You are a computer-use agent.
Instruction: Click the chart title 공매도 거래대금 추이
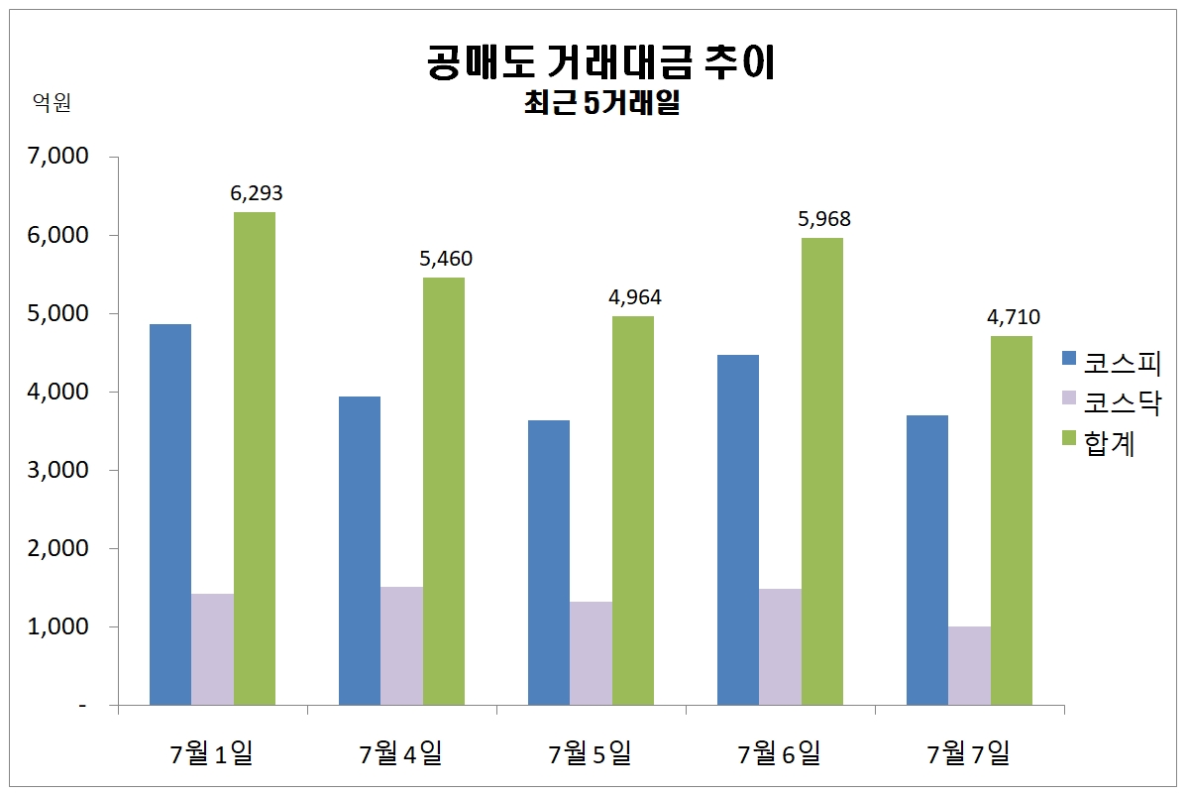click(x=600, y=61)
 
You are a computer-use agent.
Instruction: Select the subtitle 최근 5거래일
click(x=600, y=102)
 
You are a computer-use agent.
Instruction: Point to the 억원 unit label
click(x=52, y=103)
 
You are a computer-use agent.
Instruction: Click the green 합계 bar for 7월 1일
click(x=255, y=458)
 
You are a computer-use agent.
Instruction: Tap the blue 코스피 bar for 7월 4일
click(x=360, y=550)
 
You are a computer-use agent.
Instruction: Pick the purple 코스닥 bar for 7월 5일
click(x=591, y=653)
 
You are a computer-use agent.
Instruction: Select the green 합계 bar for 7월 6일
click(x=822, y=471)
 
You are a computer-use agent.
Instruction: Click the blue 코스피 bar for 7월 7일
click(x=927, y=560)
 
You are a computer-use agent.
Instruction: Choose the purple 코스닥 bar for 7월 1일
click(x=212, y=649)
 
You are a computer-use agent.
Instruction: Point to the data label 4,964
click(x=635, y=297)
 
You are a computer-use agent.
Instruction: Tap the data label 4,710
click(x=1013, y=317)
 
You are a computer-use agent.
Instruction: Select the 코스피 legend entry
click(x=1110, y=362)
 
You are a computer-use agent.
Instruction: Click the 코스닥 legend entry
click(x=1110, y=402)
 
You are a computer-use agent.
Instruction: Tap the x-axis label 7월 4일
click(x=400, y=754)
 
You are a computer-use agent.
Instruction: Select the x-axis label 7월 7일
click(x=968, y=754)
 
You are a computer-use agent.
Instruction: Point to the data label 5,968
click(x=824, y=219)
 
